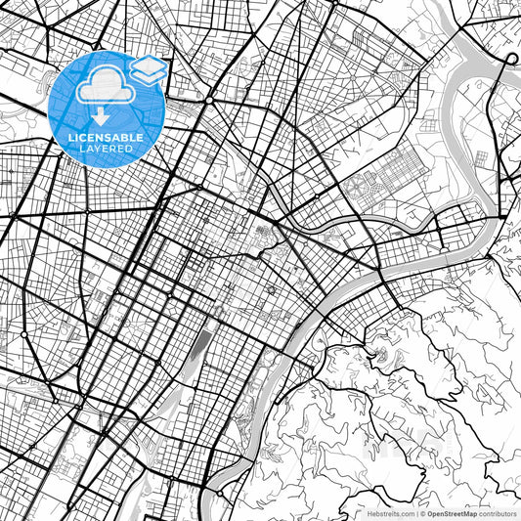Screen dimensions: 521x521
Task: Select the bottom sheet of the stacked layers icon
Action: click(148, 77)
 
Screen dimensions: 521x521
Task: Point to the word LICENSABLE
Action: click(105, 137)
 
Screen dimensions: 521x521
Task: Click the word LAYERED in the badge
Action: click(105, 149)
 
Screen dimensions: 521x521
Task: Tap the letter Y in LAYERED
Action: click(103, 149)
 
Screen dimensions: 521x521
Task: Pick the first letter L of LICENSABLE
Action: click(69, 137)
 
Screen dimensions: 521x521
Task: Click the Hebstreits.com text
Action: click(392, 512)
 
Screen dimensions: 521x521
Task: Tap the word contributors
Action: click(498, 512)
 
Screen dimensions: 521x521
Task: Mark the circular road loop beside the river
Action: click(510, 59)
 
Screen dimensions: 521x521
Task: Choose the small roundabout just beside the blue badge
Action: click(209, 100)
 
